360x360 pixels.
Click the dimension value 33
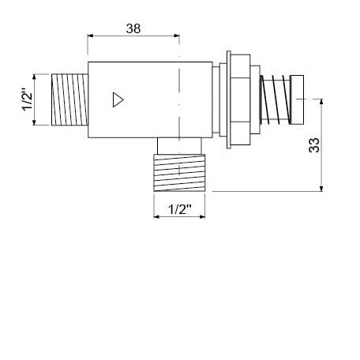(x=313, y=144)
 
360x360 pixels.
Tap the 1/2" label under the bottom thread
(x=182, y=210)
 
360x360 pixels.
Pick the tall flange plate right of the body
(x=228, y=100)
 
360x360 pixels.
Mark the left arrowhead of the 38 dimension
(x=91, y=36)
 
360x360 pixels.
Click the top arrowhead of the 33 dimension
(x=321, y=102)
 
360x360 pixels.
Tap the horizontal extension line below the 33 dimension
(x=268, y=190)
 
